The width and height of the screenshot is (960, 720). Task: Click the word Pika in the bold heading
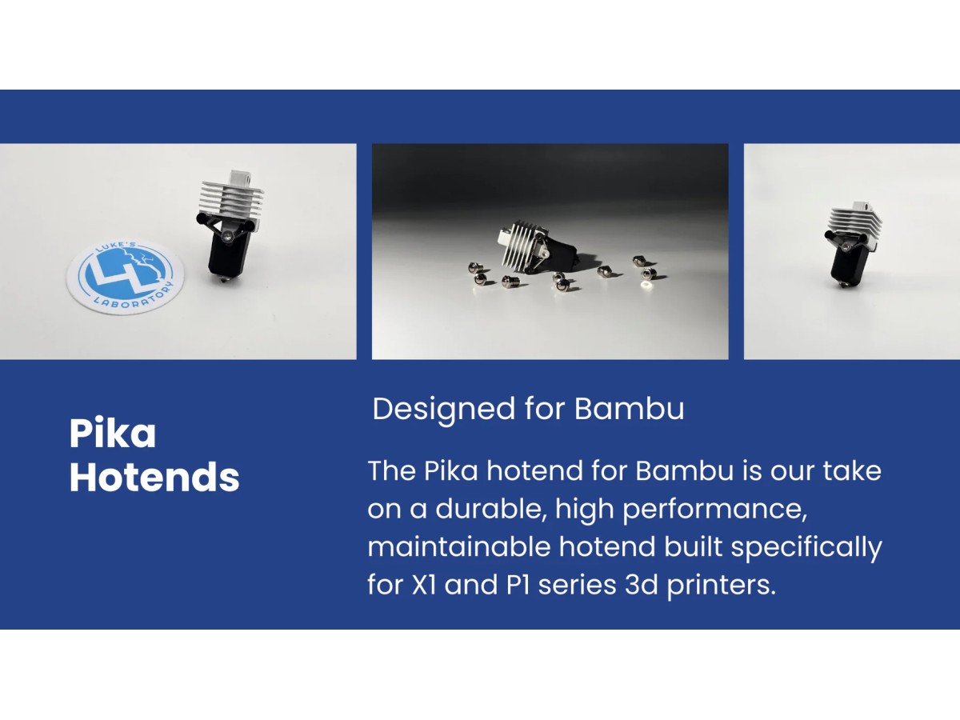point(113,433)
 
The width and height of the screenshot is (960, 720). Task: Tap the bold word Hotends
point(154,477)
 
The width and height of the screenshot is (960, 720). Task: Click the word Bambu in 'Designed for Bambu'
point(629,409)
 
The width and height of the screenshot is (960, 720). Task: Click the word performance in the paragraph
point(715,510)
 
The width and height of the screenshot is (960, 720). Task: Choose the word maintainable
point(458,547)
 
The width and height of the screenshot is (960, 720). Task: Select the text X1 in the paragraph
point(424,586)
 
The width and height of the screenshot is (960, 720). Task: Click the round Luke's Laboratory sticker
point(125,275)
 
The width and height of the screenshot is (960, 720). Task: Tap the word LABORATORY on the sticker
point(134,298)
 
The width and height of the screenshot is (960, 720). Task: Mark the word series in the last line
point(577,586)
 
